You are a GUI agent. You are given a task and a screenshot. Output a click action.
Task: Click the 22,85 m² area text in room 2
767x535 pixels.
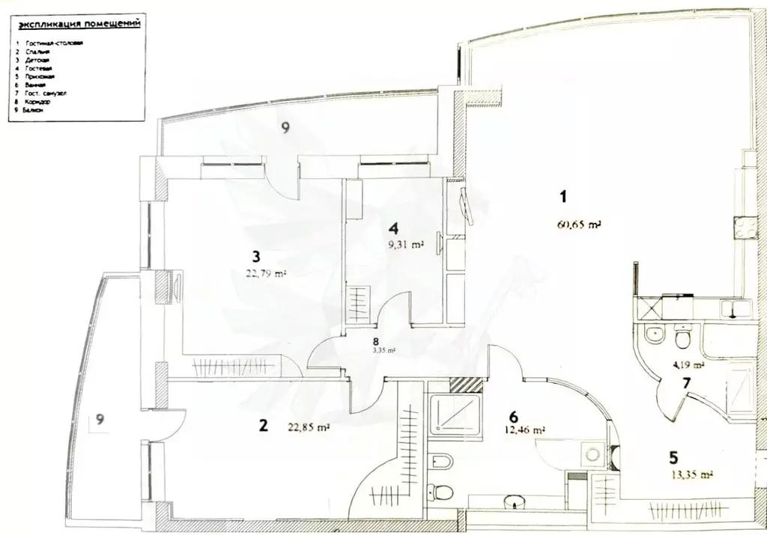coord(309,428)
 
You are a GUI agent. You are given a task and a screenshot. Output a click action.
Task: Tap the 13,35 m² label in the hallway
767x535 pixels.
coord(691,474)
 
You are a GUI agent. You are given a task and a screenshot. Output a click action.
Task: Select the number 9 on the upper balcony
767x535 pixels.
coord(285,128)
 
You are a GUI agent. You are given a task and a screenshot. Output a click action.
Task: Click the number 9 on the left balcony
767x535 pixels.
coord(100,421)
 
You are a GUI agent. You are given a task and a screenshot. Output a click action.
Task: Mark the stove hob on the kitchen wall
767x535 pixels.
coord(745,227)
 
